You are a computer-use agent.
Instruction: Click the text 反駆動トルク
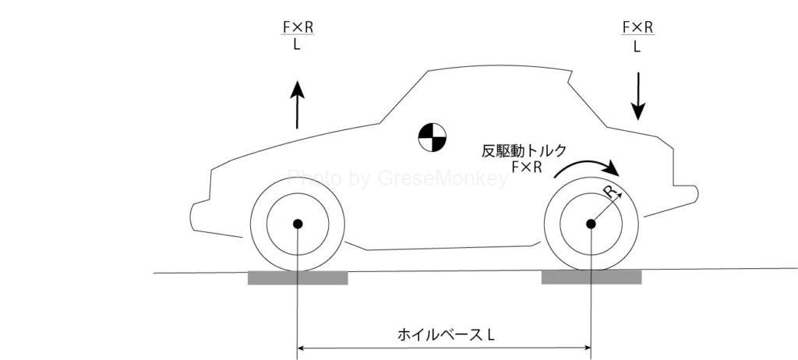(x=523, y=150)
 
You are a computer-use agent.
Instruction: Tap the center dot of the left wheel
(x=297, y=224)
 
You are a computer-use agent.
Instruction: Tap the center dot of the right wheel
(x=591, y=224)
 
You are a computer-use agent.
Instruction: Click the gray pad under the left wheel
(x=297, y=277)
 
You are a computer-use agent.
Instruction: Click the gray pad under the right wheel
(x=591, y=277)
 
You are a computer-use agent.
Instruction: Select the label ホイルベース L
(x=446, y=335)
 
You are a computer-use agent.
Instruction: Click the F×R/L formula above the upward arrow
(x=298, y=36)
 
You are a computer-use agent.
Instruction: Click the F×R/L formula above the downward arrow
(x=637, y=36)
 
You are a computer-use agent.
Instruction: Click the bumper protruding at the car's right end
(x=686, y=193)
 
